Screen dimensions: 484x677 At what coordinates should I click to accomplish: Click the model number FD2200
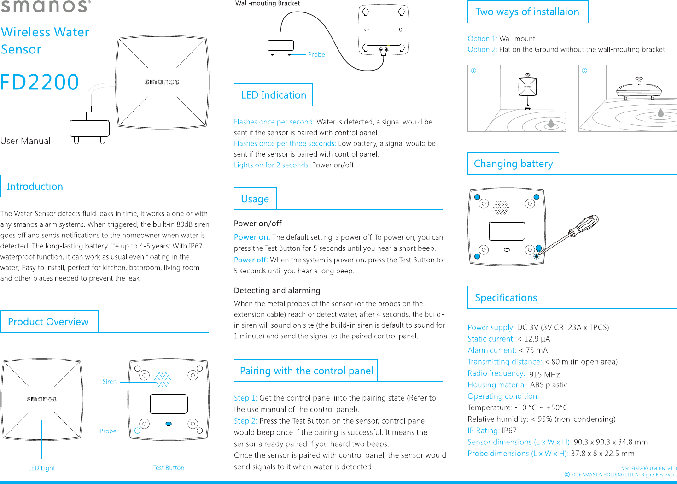pyautogui.click(x=40, y=83)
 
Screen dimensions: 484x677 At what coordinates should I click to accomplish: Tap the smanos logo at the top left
pyautogui.click(x=45, y=6)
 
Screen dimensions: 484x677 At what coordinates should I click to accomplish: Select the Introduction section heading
pyautogui.click(x=35, y=187)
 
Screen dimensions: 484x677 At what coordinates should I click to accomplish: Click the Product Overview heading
pyautogui.click(x=48, y=322)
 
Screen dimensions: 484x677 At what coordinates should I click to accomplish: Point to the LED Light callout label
pyautogui.click(x=41, y=468)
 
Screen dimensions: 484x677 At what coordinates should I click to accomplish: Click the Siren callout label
pyautogui.click(x=110, y=382)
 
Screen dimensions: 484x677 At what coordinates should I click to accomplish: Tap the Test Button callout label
pyautogui.click(x=169, y=468)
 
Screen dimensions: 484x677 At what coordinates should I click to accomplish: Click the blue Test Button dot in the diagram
pyautogui.click(x=169, y=424)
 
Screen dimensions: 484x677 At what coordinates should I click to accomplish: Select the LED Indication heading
pyautogui.click(x=274, y=95)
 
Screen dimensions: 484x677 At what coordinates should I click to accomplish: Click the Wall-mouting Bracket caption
pyautogui.click(x=268, y=3)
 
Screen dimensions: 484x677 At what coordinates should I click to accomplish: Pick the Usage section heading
pyautogui.click(x=255, y=199)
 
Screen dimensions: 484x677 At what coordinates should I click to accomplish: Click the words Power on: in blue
pyautogui.click(x=252, y=237)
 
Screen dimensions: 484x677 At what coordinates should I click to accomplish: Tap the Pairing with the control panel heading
pyautogui.click(x=306, y=371)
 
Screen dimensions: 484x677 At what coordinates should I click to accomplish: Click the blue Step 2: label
pyautogui.click(x=245, y=421)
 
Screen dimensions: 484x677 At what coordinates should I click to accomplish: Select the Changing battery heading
pyautogui.click(x=513, y=164)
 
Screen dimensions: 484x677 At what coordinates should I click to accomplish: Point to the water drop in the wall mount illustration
pyautogui.click(x=551, y=123)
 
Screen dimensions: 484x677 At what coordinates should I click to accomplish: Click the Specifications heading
pyautogui.click(x=506, y=298)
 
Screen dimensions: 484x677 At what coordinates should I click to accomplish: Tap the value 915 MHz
pyautogui.click(x=544, y=374)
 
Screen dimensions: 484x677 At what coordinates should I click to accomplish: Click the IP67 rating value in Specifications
pyautogui.click(x=509, y=431)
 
